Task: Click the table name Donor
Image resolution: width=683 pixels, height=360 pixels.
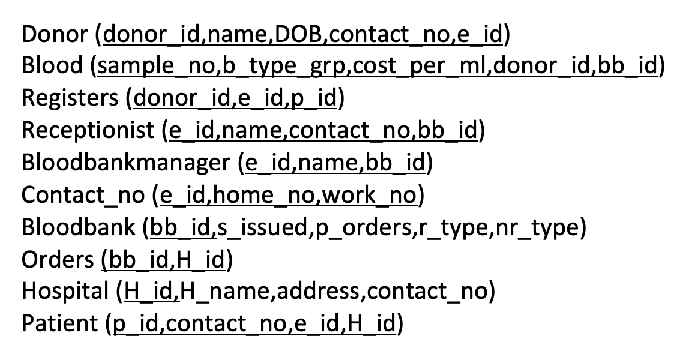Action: pos(55,34)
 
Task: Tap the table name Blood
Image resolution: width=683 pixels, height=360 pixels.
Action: pos(52,65)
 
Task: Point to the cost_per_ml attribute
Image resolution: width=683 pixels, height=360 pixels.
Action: pos(420,66)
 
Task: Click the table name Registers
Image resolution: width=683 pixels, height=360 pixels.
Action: pos(70,98)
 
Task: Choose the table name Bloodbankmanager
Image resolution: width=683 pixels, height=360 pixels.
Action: pos(125,163)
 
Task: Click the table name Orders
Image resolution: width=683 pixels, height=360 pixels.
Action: pos(58,259)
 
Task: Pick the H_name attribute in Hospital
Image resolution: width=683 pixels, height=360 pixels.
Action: pos(225,291)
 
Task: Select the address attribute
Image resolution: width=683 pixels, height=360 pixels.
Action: pos(319,290)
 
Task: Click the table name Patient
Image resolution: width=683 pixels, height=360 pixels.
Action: pos(59,323)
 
